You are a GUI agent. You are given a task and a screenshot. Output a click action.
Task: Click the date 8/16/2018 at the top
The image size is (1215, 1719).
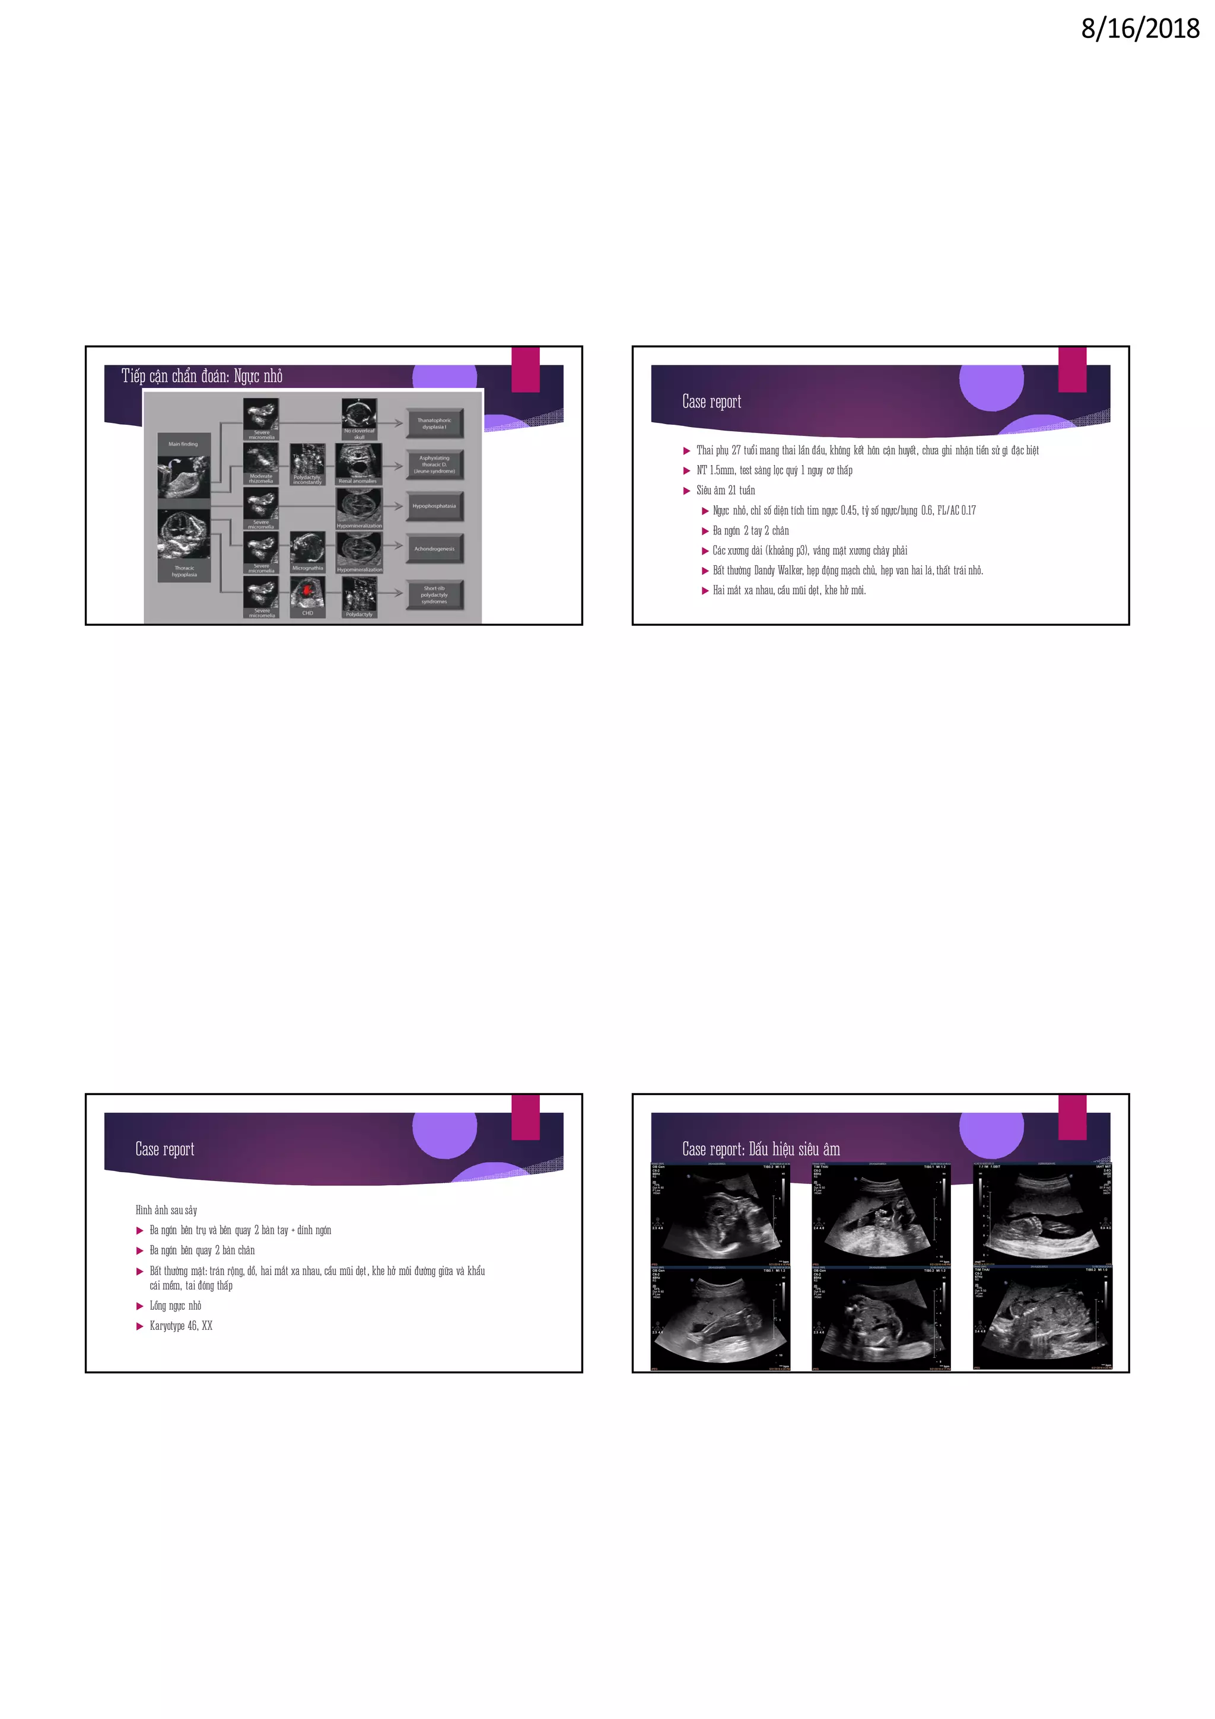point(1140,29)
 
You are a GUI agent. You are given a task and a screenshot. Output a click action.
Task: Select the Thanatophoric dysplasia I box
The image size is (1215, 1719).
point(434,424)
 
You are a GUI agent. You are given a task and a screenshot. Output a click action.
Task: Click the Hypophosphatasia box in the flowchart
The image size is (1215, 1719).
point(434,506)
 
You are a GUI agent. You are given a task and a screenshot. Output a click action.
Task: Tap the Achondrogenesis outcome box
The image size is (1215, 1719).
point(434,549)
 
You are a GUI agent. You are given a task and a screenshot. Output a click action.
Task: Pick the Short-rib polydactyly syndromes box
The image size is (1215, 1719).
point(434,595)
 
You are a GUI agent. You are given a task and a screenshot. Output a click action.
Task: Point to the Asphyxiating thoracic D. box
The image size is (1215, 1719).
point(434,464)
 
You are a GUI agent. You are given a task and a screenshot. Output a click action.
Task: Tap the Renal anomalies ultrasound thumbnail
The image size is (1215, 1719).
point(358,463)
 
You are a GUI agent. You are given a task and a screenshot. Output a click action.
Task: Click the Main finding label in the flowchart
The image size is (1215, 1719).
point(183,444)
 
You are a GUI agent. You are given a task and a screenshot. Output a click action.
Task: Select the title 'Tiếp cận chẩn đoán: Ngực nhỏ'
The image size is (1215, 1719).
point(202,376)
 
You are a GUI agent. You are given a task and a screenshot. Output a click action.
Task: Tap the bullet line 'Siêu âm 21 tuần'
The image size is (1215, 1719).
point(726,491)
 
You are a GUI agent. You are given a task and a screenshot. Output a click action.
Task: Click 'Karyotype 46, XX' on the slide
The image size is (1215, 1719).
point(181,1325)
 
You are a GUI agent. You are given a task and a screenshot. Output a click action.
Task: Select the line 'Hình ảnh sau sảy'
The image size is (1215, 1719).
point(166,1210)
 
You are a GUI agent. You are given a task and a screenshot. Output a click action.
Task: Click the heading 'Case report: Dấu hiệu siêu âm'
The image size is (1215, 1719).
point(761,1149)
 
